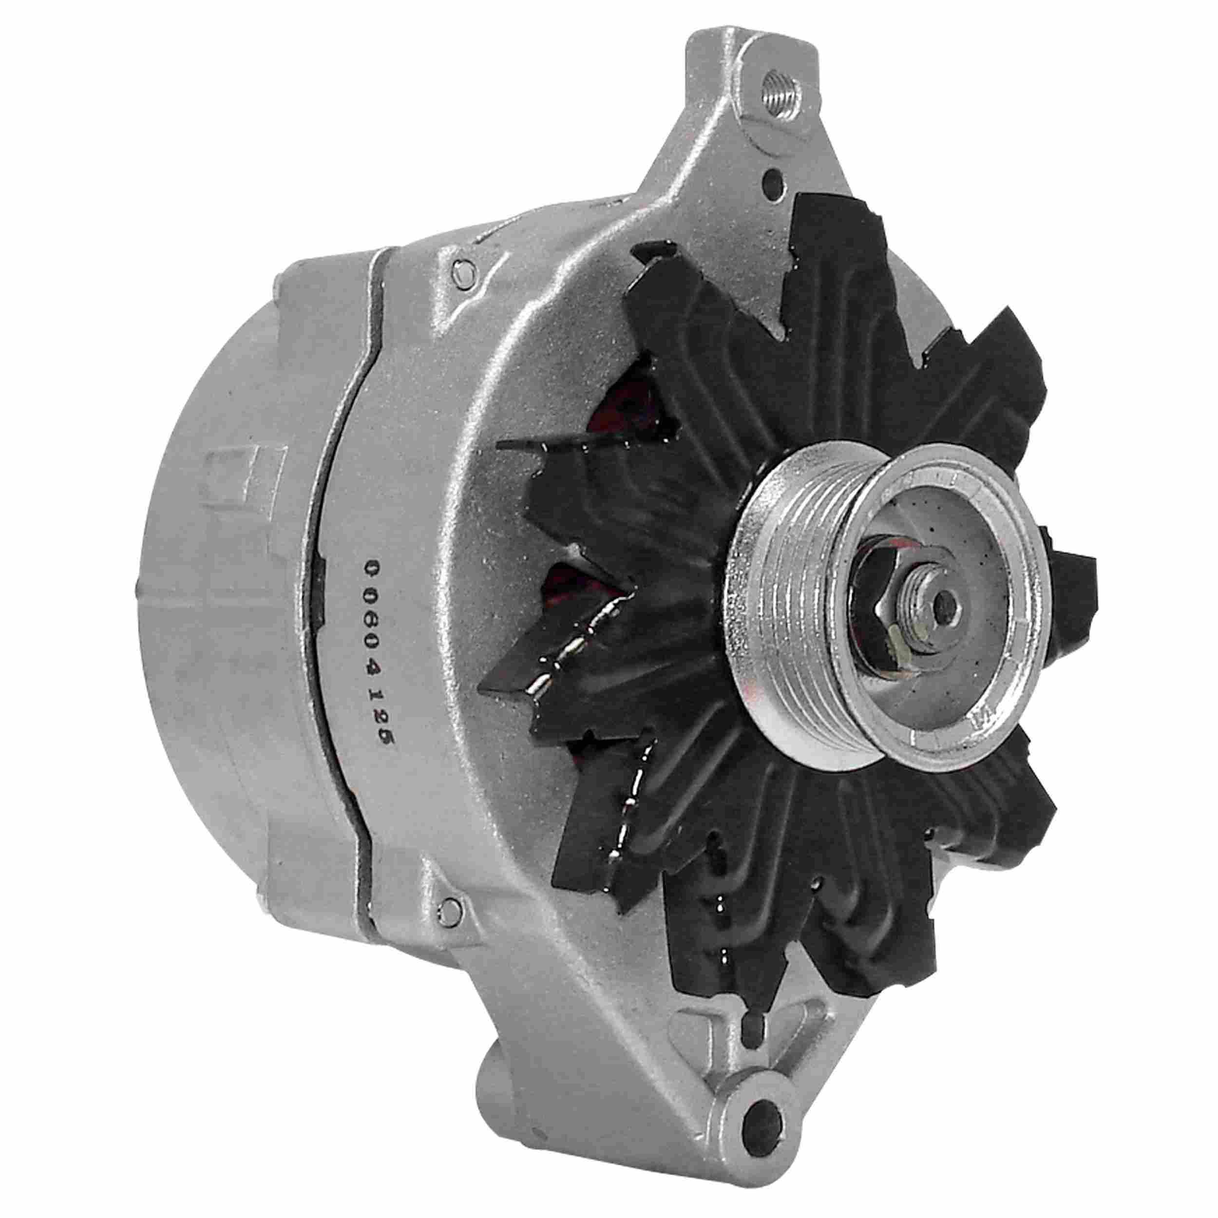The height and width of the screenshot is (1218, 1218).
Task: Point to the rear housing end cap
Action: pos(208,630)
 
